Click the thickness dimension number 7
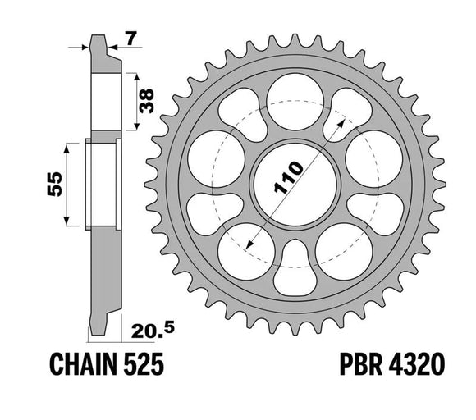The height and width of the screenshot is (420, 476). (130, 36)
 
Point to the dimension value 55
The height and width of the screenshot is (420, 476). (51, 185)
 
